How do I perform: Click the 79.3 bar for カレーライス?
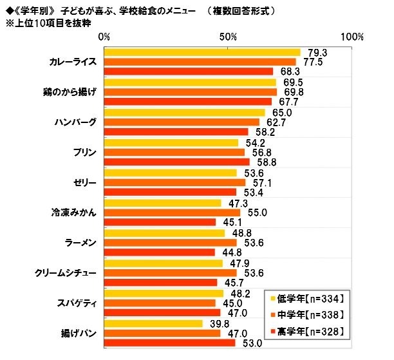point(202,52)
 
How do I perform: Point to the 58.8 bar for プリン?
point(177,162)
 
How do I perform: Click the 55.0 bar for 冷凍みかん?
point(172,213)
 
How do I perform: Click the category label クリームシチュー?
point(66,272)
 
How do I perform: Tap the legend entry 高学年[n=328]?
point(307,331)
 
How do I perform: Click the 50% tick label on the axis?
point(229,37)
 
